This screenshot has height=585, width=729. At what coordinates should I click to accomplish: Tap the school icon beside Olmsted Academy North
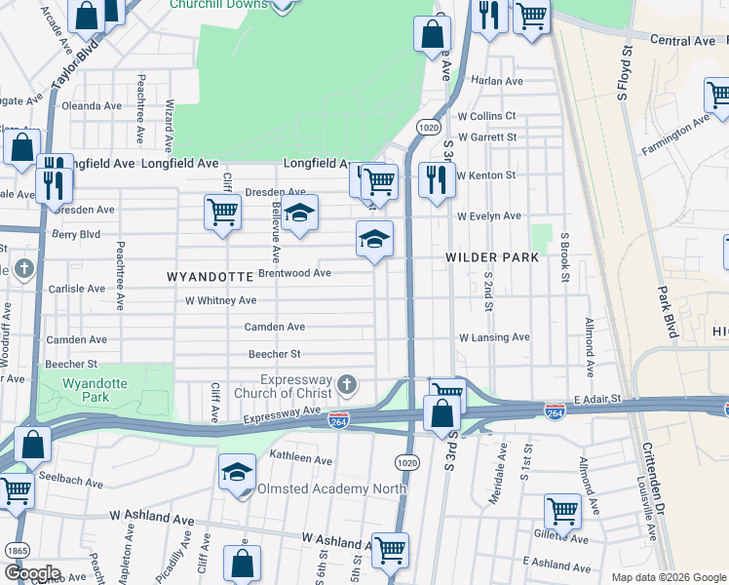[x=236, y=473]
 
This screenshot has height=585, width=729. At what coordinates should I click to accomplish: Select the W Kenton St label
[x=486, y=175]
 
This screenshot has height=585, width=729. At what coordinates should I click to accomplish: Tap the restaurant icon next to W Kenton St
[x=435, y=178]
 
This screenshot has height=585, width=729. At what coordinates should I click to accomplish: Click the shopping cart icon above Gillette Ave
[x=562, y=510]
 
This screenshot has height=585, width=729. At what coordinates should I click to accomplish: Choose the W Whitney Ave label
[x=220, y=301]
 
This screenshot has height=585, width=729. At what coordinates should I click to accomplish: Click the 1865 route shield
[x=17, y=551]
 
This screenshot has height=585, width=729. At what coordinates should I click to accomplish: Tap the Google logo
[x=31, y=573]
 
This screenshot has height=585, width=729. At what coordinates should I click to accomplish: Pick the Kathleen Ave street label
[x=301, y=457]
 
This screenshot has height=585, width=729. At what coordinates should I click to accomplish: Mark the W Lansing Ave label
[x=495, y=337]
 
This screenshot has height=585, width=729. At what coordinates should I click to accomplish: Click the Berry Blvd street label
[x=76, y=235]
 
